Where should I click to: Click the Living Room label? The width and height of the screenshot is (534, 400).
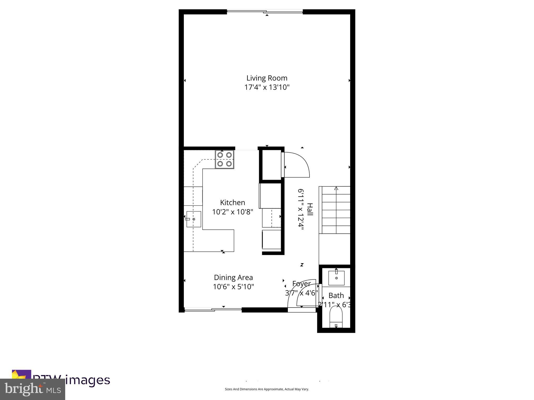point(267,78)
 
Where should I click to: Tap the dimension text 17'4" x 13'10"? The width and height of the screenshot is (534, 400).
point(267,87)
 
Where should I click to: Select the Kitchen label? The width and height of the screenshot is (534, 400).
point(232,202)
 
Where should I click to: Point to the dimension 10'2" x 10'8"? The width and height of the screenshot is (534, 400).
point(232,212)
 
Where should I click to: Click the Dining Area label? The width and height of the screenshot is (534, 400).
point(233,277)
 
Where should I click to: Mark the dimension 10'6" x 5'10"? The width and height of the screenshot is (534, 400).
point(233,287)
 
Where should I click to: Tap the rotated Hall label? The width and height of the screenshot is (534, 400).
point(310,209)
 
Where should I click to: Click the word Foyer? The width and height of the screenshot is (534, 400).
point(301,283)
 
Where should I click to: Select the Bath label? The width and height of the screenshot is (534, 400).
point(336,295)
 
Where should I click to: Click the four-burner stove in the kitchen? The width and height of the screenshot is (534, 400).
point(224,159)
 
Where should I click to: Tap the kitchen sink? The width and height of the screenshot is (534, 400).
point(193,219)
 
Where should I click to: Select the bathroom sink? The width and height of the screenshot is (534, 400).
point(336,278)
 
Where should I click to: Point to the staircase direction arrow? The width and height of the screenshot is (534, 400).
point(336,188)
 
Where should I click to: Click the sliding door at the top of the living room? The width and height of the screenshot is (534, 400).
point(265,11)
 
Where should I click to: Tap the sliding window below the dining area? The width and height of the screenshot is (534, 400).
point(213,309)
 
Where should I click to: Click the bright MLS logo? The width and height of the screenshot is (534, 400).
point(33,389)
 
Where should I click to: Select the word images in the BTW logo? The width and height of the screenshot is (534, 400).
point(87,380)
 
